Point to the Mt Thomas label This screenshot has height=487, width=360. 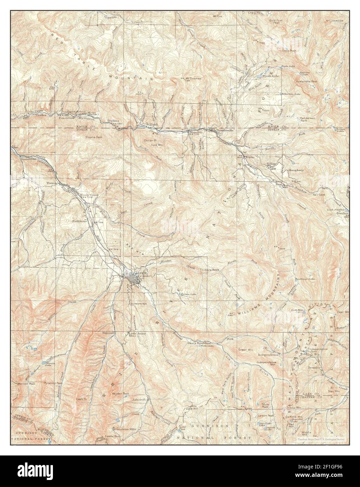tap(193, 78)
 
